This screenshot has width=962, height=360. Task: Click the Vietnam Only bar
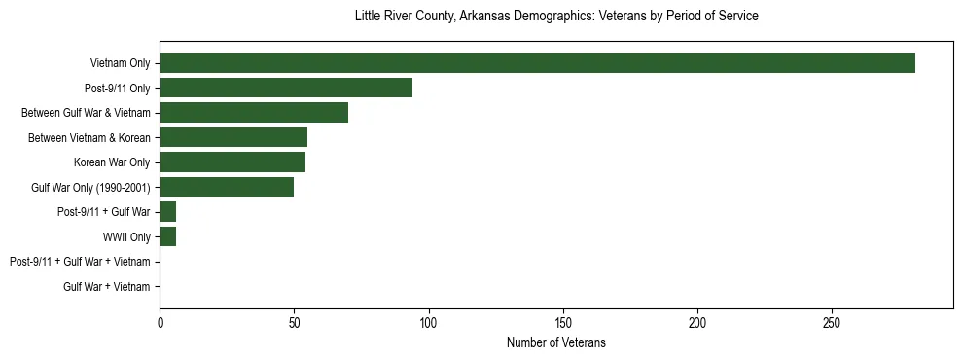pyautogui.click(x=537, y=63)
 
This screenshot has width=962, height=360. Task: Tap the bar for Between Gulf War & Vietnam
pyautogui.click(x=254, y=113)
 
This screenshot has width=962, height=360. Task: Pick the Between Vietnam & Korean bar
pyautogui.click(x=233, y=137)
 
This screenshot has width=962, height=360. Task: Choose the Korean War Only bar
pyautogui.click(x=232, y=162)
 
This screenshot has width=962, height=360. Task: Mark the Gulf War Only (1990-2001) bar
pyautogui.click(x=227, y=187)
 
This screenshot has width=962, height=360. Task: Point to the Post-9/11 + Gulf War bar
pyautogui.click(x=168, y=212)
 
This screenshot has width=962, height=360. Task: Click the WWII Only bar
pyautogui.click(x=168, y=236)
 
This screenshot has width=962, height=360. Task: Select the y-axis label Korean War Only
pyautogui.click(x=112, y=162)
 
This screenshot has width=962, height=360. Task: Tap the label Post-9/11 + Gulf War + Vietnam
pyautogui.click(x=80, y=262)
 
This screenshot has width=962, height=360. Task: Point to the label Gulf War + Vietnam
pyautogui.click(x=107, y=287)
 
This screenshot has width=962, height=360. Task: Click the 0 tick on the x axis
pyautogui.click(x=160, y=322)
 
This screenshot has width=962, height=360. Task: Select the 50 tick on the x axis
pyautogui.click(x=294, y=322)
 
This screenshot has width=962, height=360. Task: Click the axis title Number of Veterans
pyautogui.click(x=556, y=342)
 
